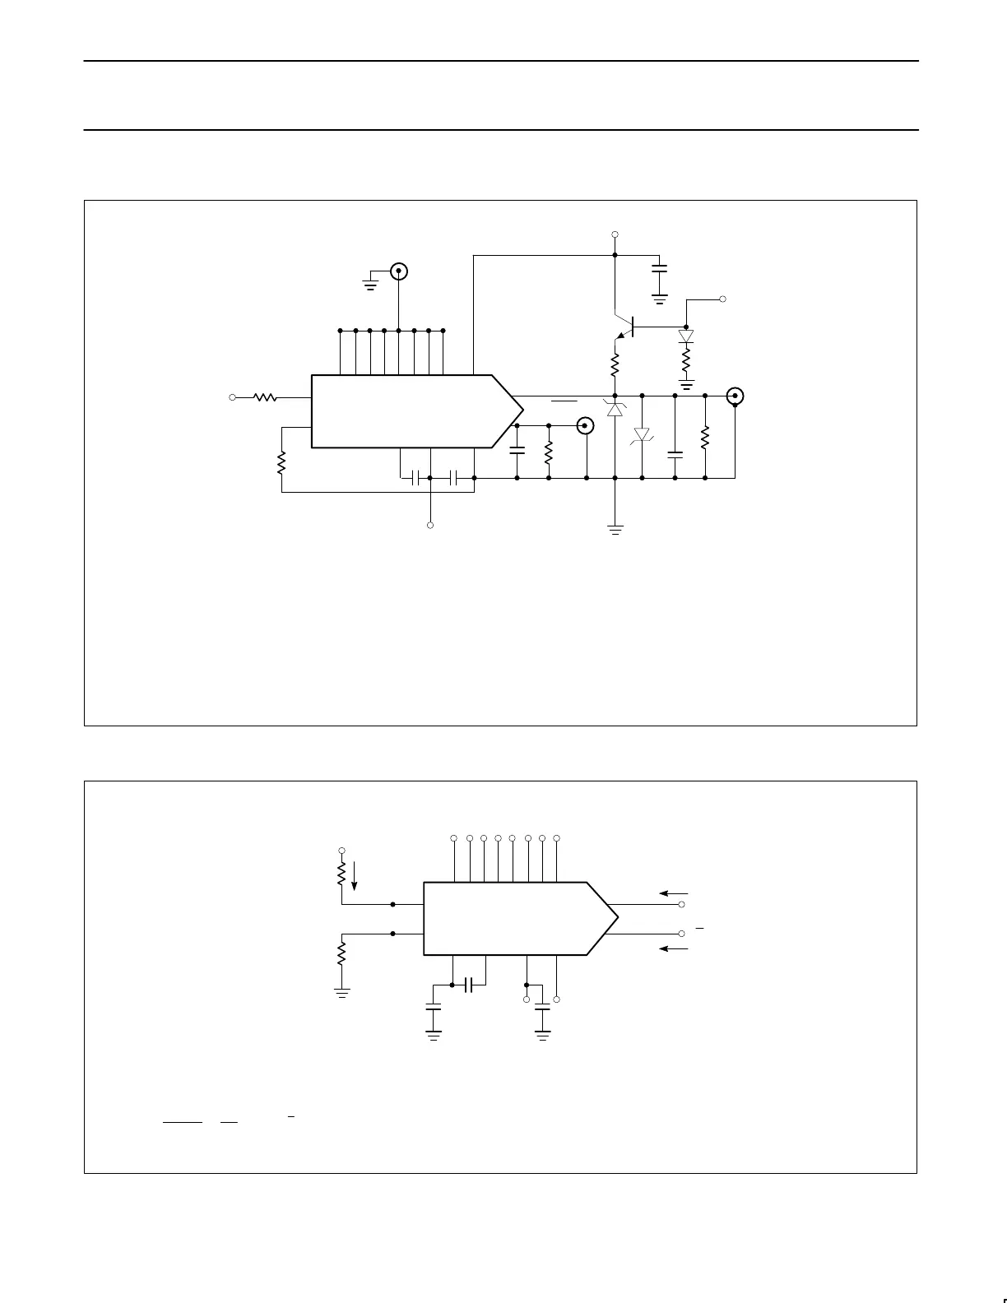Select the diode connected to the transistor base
point(686,336)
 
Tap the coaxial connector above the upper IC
point(399,271)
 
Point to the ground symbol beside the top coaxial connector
point(371,285)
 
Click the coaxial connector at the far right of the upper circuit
point(735,396)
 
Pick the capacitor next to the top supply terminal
point(659,268)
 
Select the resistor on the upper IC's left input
point(264,397)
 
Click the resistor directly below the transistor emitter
point(615,363)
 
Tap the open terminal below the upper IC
point(430,525)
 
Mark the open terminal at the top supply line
point(615,234)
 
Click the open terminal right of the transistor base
point(723,299)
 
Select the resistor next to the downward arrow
point(341,873)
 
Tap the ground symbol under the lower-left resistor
point(341,993)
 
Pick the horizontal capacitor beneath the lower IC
point(469,984)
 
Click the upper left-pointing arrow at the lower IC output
point(673,893)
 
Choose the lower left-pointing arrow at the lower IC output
point(673,948)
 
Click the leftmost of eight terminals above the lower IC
point(454,838)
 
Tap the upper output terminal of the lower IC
point(682,904)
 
